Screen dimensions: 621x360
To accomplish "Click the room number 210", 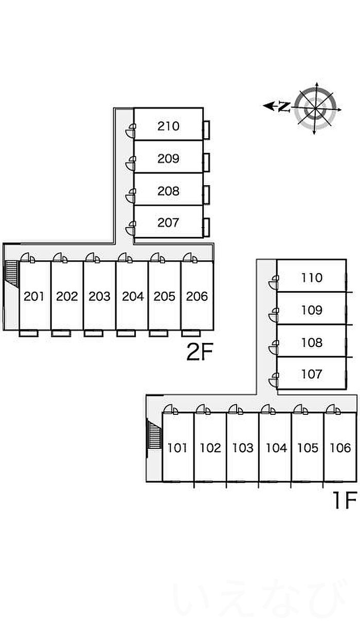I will (168, 125).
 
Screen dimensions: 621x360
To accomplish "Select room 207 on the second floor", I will (168, 222).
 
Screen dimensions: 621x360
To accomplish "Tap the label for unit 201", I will (34, 296).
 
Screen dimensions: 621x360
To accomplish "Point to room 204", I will (132, 296).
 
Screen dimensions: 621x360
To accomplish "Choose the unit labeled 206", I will (197, 296).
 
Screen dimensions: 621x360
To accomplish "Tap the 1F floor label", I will (344, 500).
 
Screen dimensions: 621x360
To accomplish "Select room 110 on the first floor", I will (312, 278).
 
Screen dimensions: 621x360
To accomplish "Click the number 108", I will (312, 342).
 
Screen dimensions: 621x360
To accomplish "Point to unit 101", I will (177, 448).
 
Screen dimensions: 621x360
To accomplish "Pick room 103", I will (243, 448).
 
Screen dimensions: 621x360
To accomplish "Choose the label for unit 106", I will (340, 448).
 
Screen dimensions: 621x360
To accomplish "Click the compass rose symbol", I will (316, 108).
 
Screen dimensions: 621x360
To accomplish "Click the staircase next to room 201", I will (11, 273).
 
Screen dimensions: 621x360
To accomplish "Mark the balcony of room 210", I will (206, 130).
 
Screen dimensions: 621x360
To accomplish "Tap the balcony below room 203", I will (94, 333).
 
